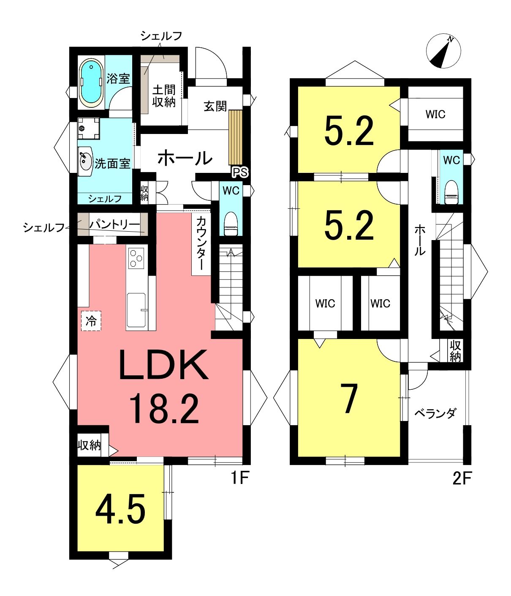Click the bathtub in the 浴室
(x=91, y=83)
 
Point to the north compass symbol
(x=443, y=51)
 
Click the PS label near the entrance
(x=240, y=172)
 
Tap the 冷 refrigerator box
(x=91, y=321)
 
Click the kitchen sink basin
(x=136, y=310)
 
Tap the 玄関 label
(x=215, y=107)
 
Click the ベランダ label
(x=435, y=413)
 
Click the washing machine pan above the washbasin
(x=89, y=128)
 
